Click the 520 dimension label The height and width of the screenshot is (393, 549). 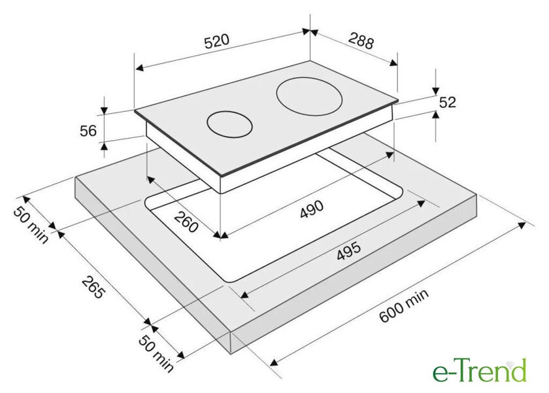coord(217,41)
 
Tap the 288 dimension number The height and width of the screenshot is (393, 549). coord(361,41)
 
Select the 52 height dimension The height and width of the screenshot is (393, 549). coord(448,102)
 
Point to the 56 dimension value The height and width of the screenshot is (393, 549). coord(88,131)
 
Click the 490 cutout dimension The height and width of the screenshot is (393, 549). coord(312,209)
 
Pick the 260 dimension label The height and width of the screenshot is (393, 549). coord(186,222)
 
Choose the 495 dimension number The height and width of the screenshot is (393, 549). coord(348,251)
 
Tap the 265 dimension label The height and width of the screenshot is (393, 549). coord(93,287)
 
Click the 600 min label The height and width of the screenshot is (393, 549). coord(403,306)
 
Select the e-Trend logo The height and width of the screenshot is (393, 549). coord(480,370)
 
